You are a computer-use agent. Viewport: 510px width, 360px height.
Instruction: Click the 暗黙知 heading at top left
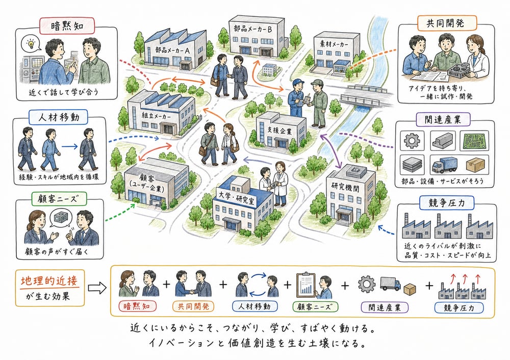click(x=67, y=26)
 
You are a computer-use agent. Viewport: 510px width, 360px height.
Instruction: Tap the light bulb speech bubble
click(x=31, y=43)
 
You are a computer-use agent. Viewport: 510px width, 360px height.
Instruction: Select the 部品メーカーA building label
click(x=172, y=50)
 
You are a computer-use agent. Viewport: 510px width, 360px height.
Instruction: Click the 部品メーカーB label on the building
click(x=253, y=29)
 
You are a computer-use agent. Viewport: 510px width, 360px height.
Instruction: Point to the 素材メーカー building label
click(x=334, y=44)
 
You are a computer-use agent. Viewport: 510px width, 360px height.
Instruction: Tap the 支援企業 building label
click(x=279, y=130)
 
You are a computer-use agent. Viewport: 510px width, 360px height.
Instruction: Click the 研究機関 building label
click(x=345, y=187)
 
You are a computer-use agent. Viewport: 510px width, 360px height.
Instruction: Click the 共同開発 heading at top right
click(x=445, y=23)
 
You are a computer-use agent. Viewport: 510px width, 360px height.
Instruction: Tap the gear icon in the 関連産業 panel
click(x=412, y=141)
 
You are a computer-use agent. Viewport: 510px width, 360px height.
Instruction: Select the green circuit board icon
click(x=474, y=141)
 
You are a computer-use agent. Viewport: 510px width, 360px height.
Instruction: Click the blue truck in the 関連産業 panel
click(x=444, y=165)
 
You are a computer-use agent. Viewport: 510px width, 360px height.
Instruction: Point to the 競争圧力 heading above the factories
click(x=447, y=203)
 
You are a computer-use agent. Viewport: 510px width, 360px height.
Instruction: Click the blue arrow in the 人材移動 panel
click(x=69, y=147)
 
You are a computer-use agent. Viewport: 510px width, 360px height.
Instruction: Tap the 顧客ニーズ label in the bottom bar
click(x=316, y=307)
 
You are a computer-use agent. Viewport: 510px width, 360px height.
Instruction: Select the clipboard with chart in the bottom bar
click(x=305, y=286)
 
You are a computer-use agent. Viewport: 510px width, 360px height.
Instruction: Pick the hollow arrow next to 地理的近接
click(x=97, y=288)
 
